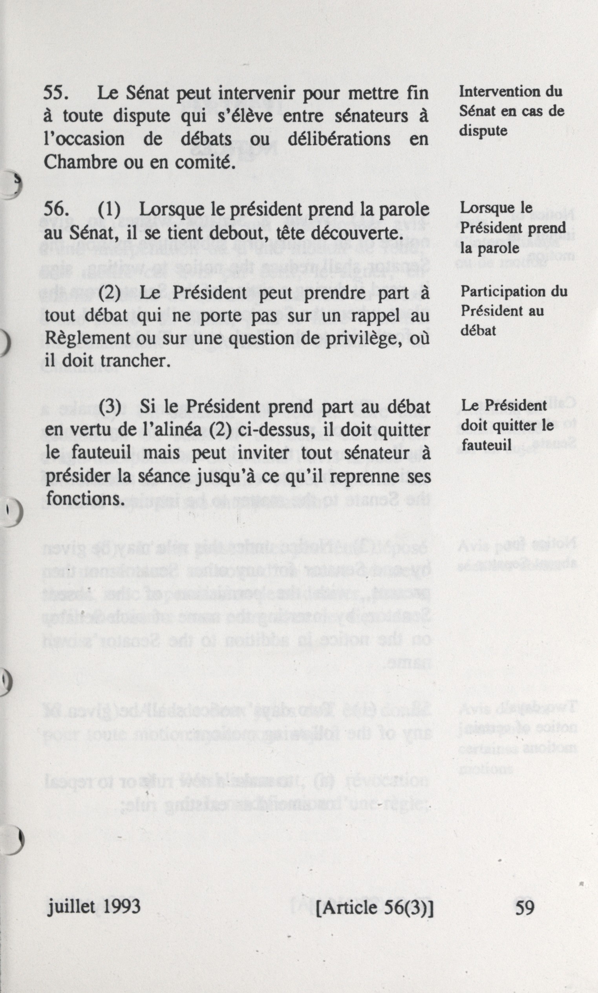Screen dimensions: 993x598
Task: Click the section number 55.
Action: (55, 93)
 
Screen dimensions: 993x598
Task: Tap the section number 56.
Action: (55, 210)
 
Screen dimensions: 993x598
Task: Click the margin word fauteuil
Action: (481, 445)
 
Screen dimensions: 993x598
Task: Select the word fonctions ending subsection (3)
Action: (84, 498)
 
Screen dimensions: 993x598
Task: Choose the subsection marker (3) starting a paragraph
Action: (110, 407)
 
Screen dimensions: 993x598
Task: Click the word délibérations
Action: (339, 139)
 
